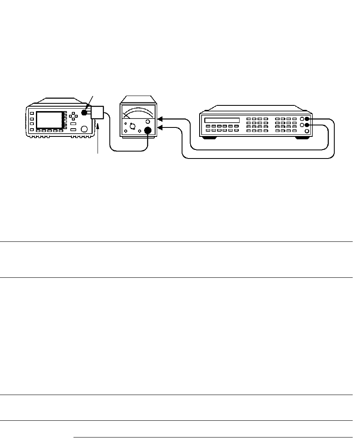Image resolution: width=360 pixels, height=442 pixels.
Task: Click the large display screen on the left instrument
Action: click(48, 121)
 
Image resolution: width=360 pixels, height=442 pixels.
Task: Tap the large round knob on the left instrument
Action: click(84, 129)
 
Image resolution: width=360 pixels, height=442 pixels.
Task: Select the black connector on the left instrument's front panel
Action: click(84, 113)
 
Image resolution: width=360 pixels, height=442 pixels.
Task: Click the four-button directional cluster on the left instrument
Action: click(73, 116)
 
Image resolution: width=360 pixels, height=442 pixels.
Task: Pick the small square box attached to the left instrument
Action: click(97, 112)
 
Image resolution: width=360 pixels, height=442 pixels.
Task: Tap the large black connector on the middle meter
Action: click(148, 131)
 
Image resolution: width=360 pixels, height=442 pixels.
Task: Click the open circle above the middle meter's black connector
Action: click(148, 122)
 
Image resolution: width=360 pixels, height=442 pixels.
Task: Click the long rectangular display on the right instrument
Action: click(222, 120)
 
